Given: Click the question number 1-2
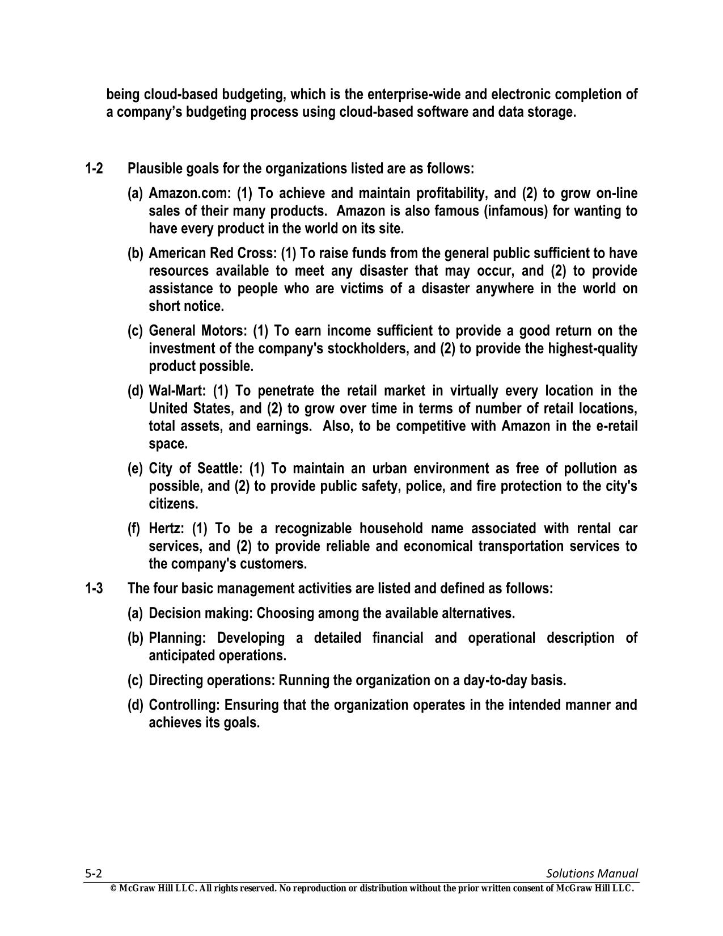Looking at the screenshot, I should (x=94, y=169).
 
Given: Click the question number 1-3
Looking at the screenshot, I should (x=94, y=588).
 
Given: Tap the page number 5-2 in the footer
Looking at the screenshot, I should (x=93, y=874).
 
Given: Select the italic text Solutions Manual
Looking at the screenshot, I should (x=592, y=874).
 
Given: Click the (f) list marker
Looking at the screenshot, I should (x=134, y=529).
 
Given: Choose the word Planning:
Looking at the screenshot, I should (x=176, y=639).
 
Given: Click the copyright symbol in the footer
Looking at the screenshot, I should (x=113, y=889).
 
